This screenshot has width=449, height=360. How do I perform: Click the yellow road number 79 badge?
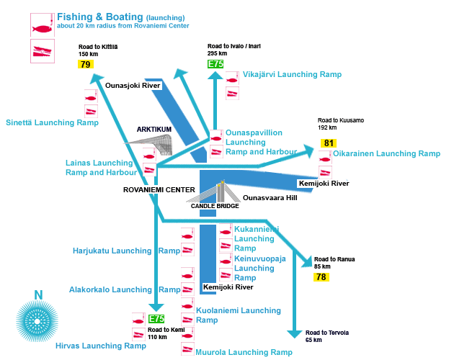click(86, 65)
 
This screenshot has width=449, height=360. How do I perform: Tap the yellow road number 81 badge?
click(329, 143)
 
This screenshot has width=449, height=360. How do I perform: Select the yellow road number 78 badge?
click(321, 276)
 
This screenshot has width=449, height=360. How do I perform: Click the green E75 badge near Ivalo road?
click(215, 64)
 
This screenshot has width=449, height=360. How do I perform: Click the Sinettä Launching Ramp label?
click(51, 123)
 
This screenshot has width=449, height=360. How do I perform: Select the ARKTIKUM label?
click(154, 130)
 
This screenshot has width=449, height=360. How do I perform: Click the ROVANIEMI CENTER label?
click(159, 190)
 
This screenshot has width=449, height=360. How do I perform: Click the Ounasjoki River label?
click(133, 86)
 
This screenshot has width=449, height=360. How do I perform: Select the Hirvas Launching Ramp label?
click(101, 346)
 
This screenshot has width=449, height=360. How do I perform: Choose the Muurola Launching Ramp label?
click(244, 353)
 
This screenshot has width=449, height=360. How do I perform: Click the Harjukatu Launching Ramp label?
click(126, 251)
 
